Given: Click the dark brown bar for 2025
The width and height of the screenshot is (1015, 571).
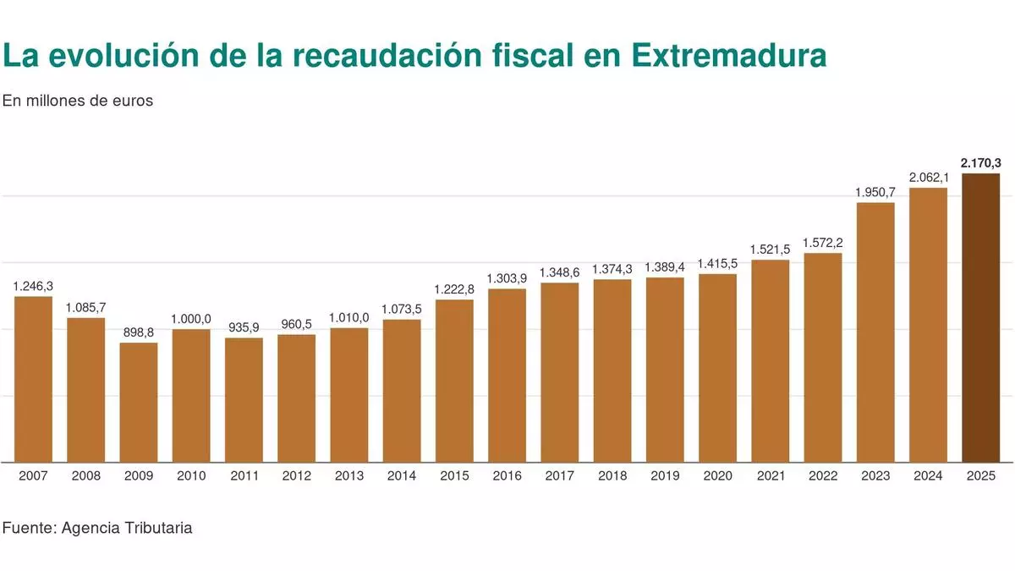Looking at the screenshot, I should (981, 317).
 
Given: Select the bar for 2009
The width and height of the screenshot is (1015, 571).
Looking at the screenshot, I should (139, 402).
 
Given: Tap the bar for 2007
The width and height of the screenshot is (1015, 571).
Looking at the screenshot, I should (33, 379).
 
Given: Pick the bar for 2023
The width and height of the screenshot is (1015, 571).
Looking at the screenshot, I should (875, 332).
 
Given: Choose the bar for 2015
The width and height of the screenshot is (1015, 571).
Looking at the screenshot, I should (454, 381).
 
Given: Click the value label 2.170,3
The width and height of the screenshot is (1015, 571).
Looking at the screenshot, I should (981, 162).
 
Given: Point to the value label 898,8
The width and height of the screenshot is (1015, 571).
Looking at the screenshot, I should (139, 332).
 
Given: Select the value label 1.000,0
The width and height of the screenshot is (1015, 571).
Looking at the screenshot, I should (191, 319).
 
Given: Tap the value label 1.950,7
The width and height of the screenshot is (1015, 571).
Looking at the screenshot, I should (875, 192).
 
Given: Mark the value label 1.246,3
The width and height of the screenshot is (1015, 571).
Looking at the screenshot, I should (33, 286).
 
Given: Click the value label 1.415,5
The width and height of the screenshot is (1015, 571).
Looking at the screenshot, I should (717, 264).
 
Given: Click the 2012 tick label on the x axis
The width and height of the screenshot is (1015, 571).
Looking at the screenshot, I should (296, 476).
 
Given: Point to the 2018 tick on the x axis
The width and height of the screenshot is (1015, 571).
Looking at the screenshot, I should (612, 476).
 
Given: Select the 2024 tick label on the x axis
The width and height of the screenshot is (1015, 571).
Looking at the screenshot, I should (928, 476).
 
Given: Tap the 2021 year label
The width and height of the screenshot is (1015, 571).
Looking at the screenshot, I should (770, 476).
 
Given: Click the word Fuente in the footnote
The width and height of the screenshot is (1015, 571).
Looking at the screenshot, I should (28, 528).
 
